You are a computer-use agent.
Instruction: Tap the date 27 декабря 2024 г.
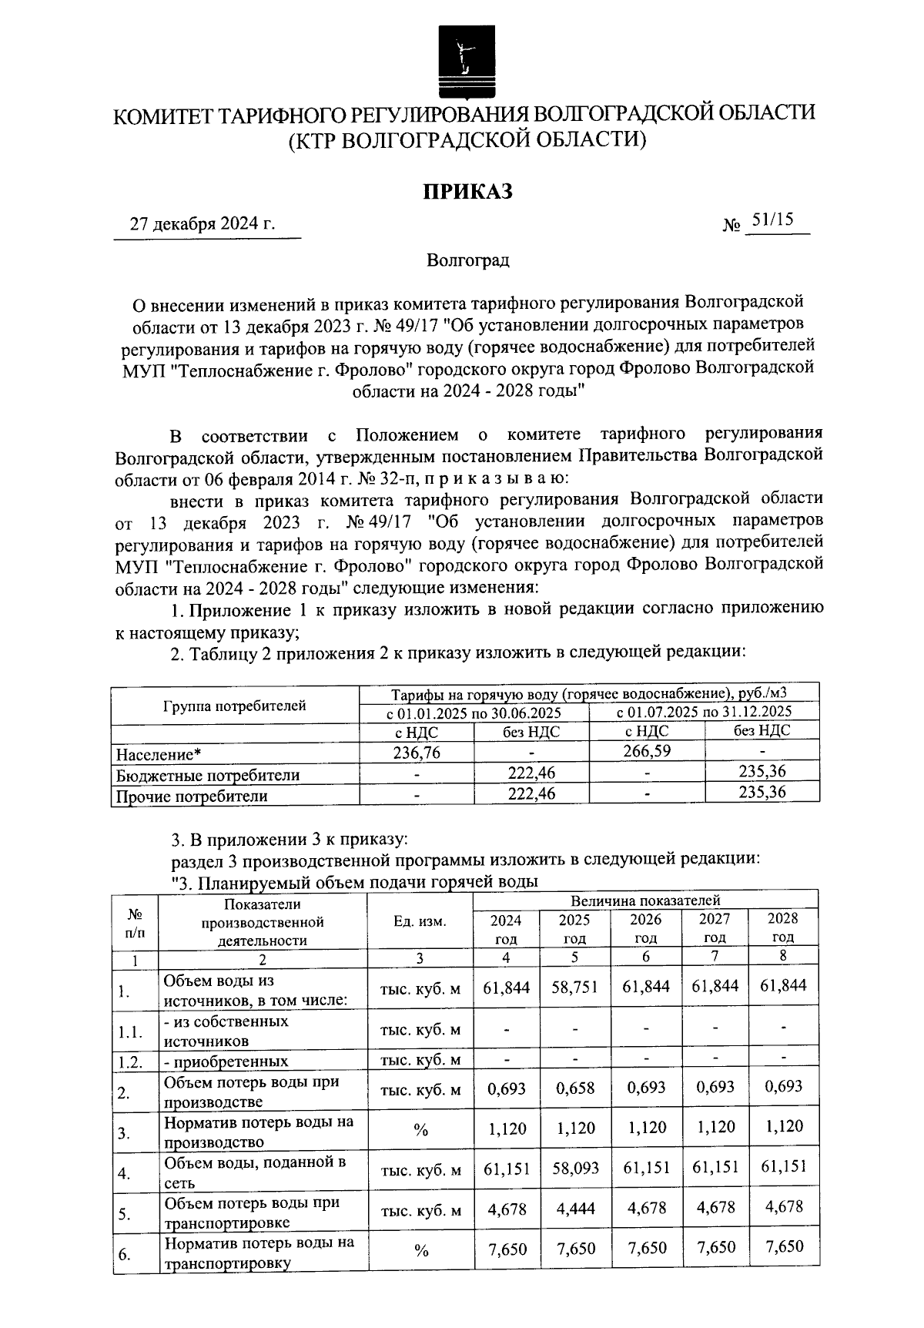pyautogui.click(x=203, y=224)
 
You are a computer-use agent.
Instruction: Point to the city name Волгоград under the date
pyautogui.click(x=468, y=260)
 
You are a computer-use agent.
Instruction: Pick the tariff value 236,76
pyautogui.click(x=417, y=753)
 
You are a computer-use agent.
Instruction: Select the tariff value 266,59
pyautogui.click(x=647, y=750)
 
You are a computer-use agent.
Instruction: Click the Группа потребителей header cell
pyautogui.click(x=234, y=705)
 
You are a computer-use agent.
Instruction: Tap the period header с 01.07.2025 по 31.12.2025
pyautogui.click(x=704, y=712)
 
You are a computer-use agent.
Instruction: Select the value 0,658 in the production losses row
pyautogui.click(x=574, y=1088)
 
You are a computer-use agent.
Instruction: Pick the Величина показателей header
pyautogui.click(x=645, y=900)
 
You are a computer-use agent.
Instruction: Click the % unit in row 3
pyautogui.click(x=420, y=1130)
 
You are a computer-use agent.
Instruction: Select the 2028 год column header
pyautogui.click(x=783, y=927)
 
